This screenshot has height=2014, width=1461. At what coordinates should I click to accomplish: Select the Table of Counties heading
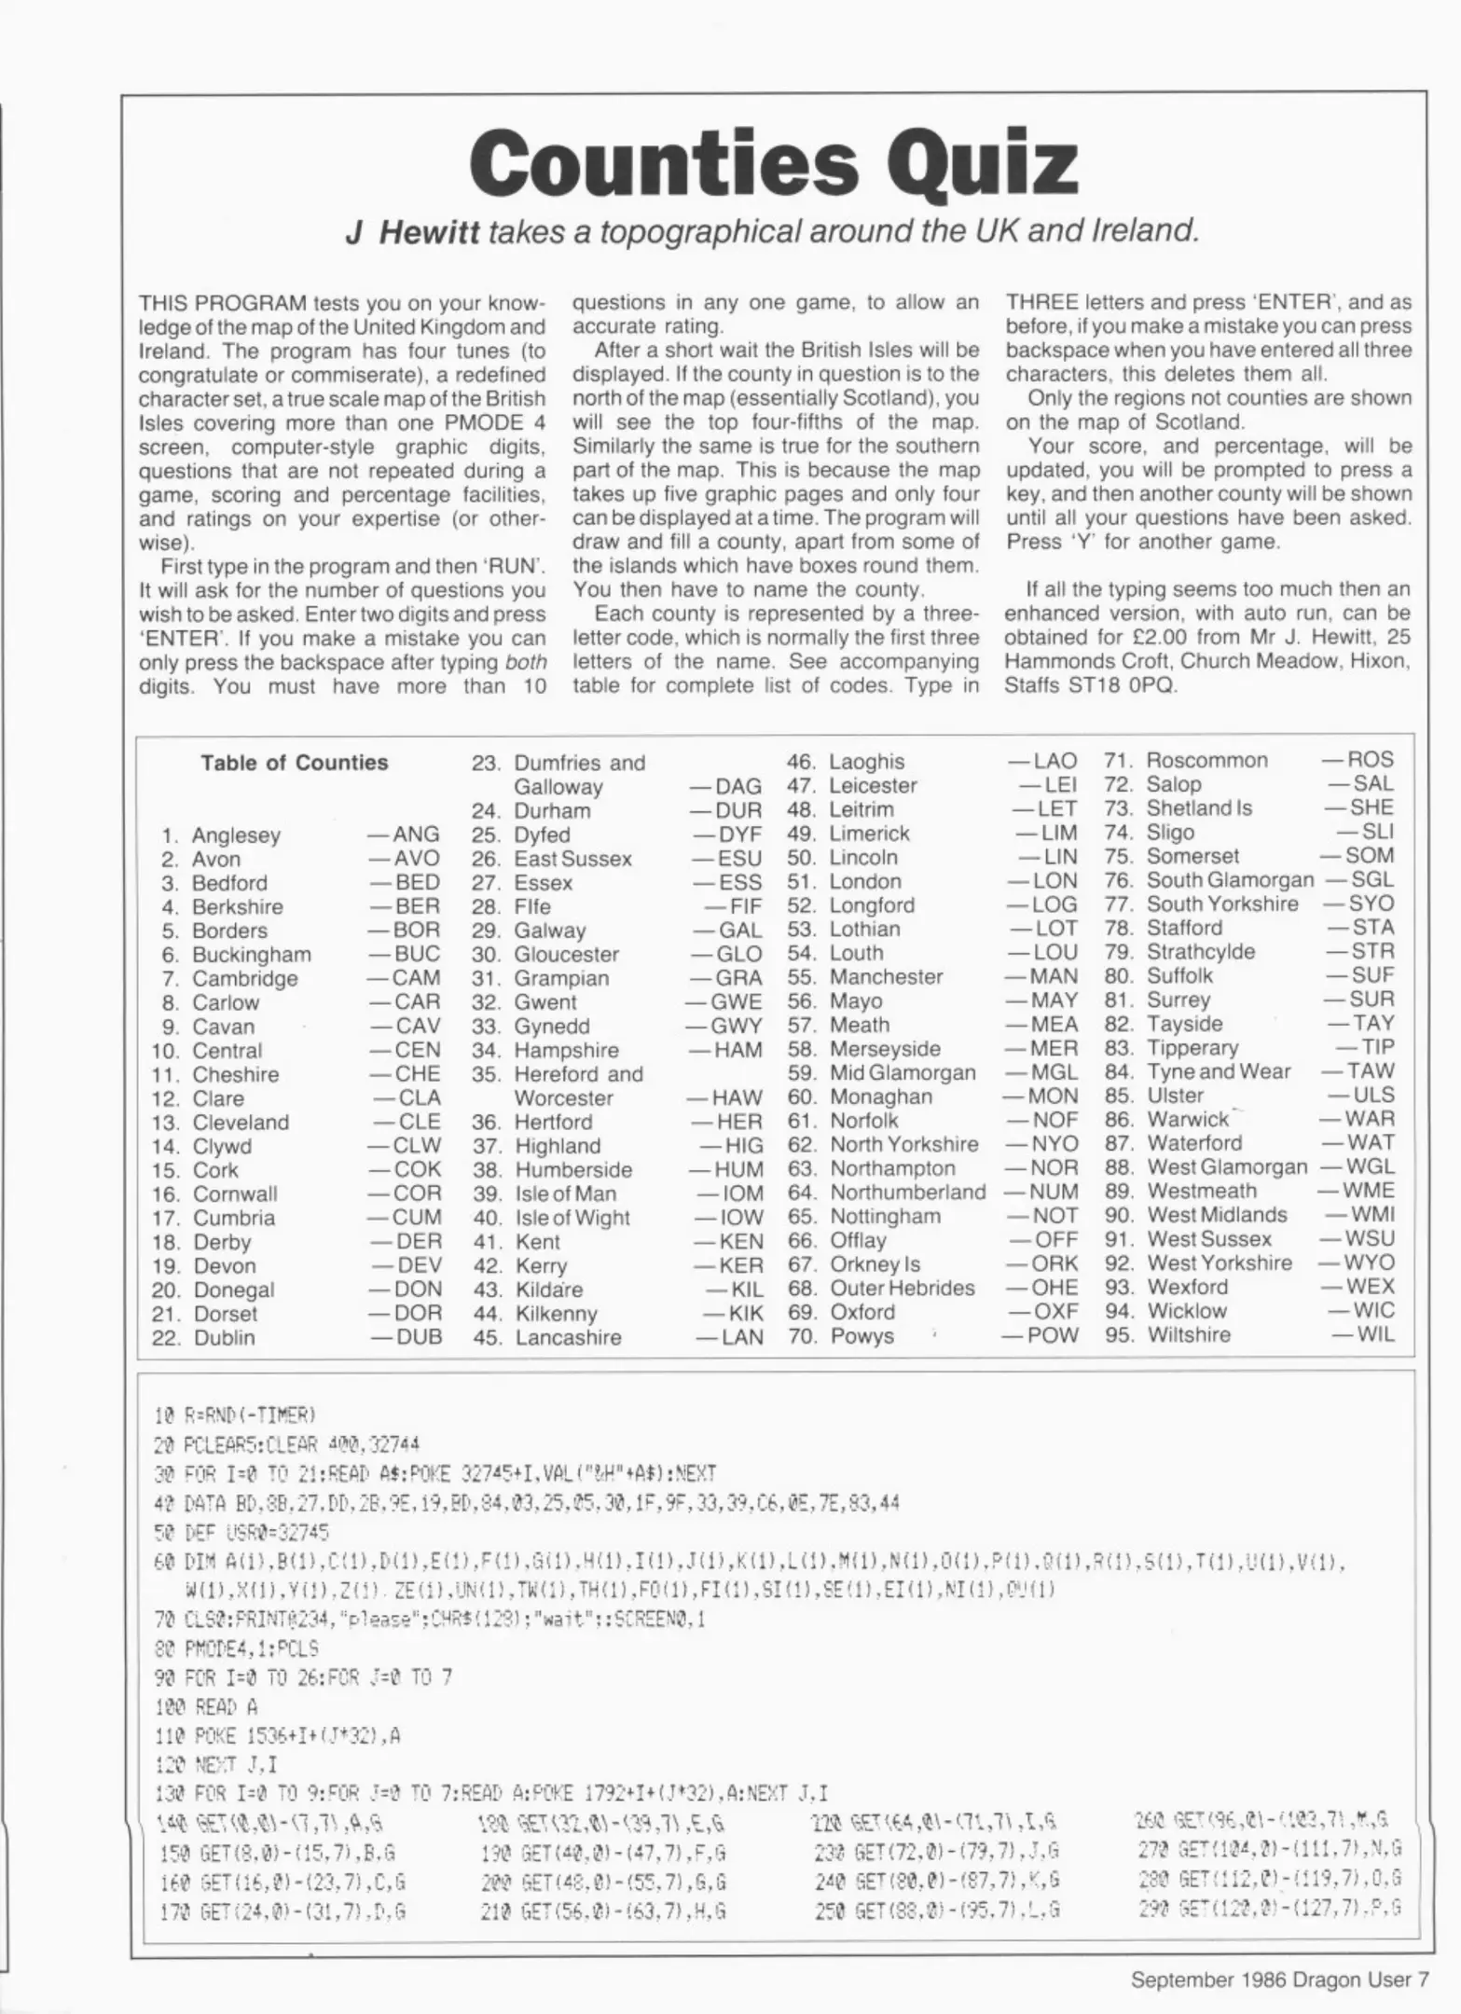[x=294, y=763]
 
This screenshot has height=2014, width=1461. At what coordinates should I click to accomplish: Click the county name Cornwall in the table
[x=235, y=1194]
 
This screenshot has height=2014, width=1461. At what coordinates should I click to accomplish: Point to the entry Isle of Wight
[x=572, y=1219]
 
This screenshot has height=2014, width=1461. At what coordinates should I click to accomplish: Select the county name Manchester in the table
[x=886, y=977]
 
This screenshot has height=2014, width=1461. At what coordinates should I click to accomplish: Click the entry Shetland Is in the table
[x=1199, y=808]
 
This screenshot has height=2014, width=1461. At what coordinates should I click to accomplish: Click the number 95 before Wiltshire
[x=1119, y=1334]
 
